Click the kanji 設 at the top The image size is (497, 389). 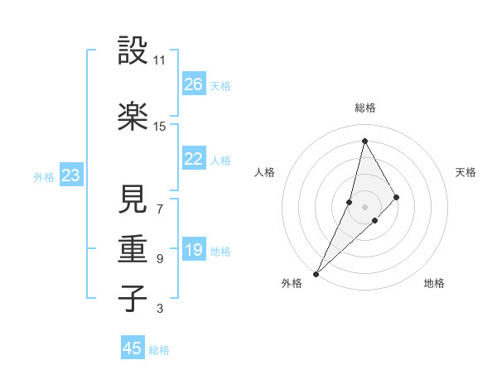point(133,51)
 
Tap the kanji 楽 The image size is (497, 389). point(133,115)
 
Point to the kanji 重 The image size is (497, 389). point(133,249)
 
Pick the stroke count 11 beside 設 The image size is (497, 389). point(159,60)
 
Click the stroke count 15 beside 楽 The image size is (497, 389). point(159,126)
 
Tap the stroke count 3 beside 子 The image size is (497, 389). point(159,309)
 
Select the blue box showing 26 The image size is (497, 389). point(194,84)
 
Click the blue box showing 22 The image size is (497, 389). point(194,159)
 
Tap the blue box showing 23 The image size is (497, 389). point(70,175)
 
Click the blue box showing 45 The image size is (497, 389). point(133,348)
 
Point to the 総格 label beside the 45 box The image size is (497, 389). point(159,350)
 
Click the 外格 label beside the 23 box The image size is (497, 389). point(44,176)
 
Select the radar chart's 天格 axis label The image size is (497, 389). point(466,172)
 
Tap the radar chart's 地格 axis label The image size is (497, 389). point(434,283)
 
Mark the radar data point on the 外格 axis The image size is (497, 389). point(316,273)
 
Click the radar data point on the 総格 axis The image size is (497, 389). point(364,141)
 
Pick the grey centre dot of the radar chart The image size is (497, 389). point(364,206)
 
